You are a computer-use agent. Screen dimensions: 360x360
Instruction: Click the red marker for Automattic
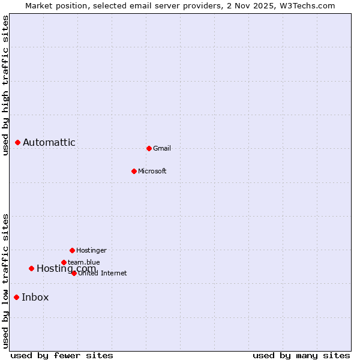[18, 142]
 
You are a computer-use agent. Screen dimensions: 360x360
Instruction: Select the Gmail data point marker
[149, 148]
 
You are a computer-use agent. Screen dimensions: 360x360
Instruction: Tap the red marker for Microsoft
[134, 171]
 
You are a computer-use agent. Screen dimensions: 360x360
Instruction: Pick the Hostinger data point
[72, 250]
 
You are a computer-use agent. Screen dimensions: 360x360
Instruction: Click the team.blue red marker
[64, 262]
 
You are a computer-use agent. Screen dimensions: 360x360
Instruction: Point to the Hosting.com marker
[31, 268]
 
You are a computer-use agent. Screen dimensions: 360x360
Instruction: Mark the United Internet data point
[74, 273]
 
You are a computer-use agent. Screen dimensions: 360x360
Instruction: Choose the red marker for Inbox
[17, 297]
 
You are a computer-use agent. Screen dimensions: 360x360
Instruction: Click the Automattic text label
[49, 142]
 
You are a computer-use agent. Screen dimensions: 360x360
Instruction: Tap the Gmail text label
[162, 148]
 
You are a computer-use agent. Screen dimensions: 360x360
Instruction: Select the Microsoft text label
[152, 171]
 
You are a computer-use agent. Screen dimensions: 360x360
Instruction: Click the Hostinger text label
[91, 250]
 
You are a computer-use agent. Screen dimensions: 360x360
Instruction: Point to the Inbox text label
[35, 297]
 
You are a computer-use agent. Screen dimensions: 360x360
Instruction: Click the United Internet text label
[103, 274]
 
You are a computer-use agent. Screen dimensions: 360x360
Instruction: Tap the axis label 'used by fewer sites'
[62, 355]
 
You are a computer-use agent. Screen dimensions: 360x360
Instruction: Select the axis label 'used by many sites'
[301, 355]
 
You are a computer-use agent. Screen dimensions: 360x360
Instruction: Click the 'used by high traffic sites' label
[5, 85]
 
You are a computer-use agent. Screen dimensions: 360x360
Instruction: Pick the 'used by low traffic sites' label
[5, 281]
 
